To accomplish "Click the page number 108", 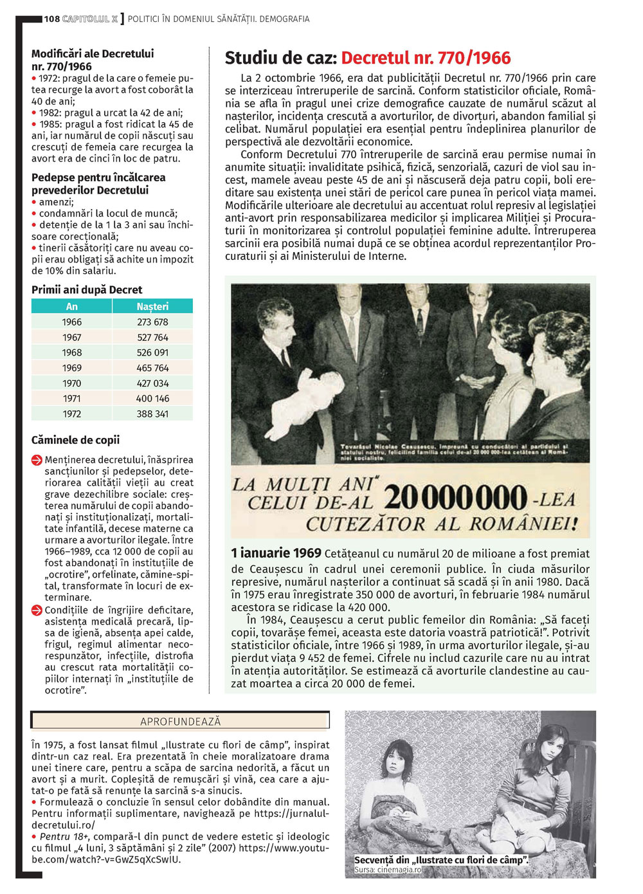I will click(x=52, y=19).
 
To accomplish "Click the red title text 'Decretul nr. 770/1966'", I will click(x=426, y=59).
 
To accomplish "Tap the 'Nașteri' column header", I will click(x=152, y=307).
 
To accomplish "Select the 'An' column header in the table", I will click(x=72, y=307).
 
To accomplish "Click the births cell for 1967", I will click(x=152, y=337).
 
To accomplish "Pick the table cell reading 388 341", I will click(x=152, y=414).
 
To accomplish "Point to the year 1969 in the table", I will click(x=72, y=368).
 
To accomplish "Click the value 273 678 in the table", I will click(x=152, y=322).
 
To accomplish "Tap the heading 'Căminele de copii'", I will click(x=75, y=441).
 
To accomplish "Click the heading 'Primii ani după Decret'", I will click(x=87, y=290).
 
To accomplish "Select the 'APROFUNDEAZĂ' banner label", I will click(x=181, y=722).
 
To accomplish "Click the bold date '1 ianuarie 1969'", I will click(x=276, y=553).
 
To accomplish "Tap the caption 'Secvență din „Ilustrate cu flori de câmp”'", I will click(x=441, y=860).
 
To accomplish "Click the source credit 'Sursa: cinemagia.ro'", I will click(x=388, y=870).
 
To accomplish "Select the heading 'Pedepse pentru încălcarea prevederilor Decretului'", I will click(x=98, y=184).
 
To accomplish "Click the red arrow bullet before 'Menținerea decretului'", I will click(x=37, y=461).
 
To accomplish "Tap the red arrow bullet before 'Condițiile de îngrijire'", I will click(x=37, y=610).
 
